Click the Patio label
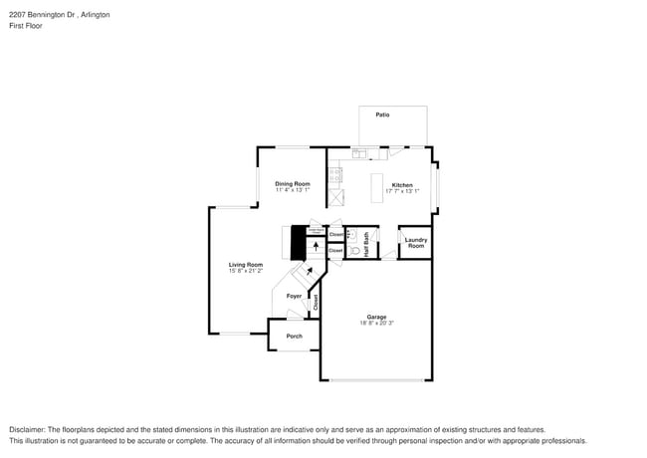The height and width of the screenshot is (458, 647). pos(382,115)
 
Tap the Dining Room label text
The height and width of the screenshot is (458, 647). pos(293,183)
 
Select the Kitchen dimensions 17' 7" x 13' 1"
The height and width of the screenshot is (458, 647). pos(401,191)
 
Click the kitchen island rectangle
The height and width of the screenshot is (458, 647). pos(377,188)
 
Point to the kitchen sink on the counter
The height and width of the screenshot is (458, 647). pos(364,154)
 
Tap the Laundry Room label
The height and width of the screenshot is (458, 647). pos(415,242)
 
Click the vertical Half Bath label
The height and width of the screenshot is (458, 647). pos(366,245)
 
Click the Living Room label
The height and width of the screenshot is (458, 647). pos(245,264)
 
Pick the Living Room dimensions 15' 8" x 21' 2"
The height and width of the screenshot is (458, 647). pos(245,271)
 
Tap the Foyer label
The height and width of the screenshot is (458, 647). pos(294,296)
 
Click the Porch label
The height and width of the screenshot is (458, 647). pos(294,337)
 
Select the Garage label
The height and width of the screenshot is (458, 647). pos(376,317)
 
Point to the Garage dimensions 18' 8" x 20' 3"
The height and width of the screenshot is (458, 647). pos(376,324)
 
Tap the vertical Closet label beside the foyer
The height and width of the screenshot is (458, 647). pos(316,303)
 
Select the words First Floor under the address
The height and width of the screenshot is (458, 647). pos(24,27)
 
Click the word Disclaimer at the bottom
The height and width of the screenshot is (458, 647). pos(27,429)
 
